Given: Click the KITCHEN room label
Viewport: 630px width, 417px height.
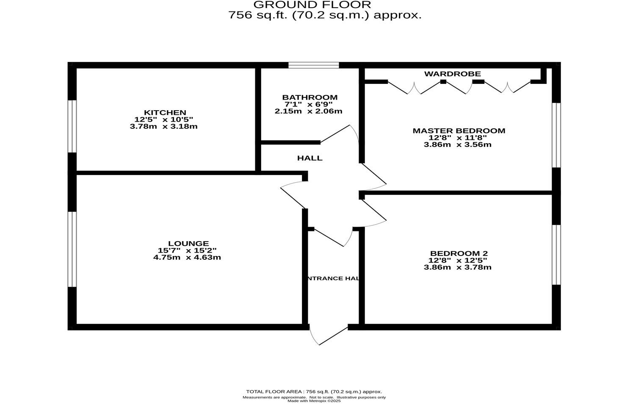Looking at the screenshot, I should point(165,112).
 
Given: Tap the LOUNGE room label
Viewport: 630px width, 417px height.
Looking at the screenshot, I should point(188,243).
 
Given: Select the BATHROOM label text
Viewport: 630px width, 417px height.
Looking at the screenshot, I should point(310,97).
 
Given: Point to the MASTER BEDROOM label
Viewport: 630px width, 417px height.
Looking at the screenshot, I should point(459,131).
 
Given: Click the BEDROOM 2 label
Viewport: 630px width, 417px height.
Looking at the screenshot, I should point(459,253).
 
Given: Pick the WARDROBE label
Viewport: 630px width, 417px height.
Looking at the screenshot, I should point(452,74).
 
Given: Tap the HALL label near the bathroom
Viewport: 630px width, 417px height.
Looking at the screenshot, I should point(309,158).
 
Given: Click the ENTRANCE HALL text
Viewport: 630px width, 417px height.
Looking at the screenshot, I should point(333,278).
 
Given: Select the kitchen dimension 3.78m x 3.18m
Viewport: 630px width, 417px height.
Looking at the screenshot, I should point(163,126).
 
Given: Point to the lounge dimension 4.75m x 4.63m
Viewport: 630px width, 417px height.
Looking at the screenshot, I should point(187,257).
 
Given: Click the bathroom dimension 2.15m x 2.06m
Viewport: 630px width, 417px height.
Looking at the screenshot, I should point(308,111).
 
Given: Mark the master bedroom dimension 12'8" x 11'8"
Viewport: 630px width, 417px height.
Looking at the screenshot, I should point(458,137).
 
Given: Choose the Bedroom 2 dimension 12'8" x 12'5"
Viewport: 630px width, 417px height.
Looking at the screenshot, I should point(458,260).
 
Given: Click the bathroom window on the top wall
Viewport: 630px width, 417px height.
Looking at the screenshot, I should point(314,65).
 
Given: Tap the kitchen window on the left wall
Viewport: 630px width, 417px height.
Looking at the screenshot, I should point(72,126).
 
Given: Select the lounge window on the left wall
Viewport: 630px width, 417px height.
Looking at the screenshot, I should point(72,249).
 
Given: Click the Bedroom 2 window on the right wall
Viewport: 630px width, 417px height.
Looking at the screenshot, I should point(556,254).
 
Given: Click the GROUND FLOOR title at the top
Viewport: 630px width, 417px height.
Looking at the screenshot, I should point(312,5).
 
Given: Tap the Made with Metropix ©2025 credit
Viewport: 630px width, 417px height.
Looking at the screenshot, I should point(314,401).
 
